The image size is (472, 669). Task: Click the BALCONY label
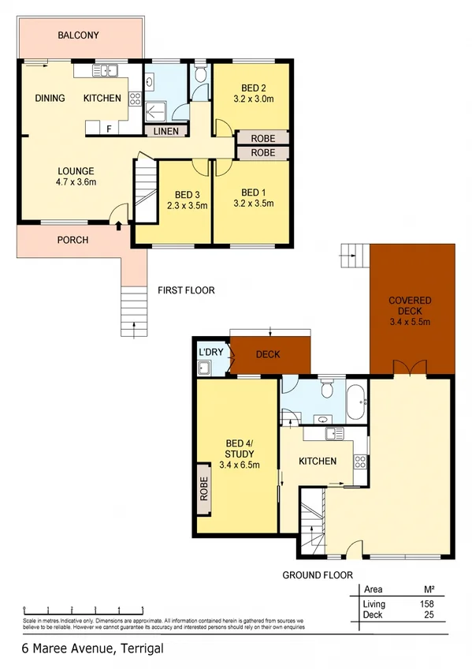click(x=78, y=35)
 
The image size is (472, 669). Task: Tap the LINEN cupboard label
click(x=166, y=131)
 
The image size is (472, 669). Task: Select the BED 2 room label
click(x=253, y=88)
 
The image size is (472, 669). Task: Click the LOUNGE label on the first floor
click(x=76, y=170)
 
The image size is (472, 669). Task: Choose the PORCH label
click(x=72, y=240)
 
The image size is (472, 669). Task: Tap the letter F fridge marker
click(x=109, y=127)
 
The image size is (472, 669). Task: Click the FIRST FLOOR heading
click(x=186, y=290)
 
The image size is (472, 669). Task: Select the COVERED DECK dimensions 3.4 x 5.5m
click(x=409, y=322)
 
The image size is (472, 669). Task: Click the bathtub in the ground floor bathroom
click(x=356, y=401)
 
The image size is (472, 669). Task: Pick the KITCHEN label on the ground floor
click(x=318, y=461)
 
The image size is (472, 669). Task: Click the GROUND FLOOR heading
click(x=318, y=575)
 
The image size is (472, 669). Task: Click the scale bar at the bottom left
click(x=83, y=609)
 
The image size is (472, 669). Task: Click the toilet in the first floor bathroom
click(x=200, y=76)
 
